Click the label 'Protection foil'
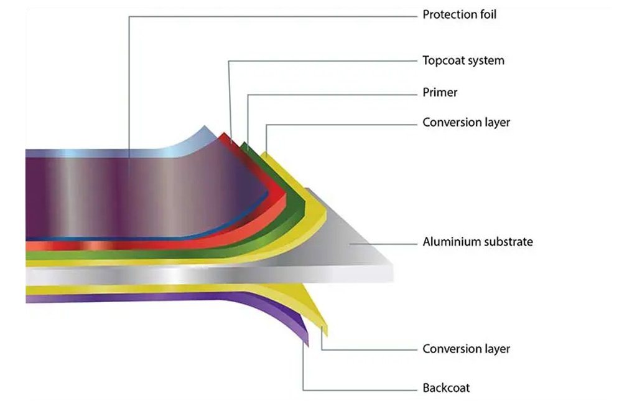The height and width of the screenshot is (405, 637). (459, 15)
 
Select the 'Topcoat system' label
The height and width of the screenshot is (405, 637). (463, 60)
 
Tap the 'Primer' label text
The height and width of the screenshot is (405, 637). (440, 92)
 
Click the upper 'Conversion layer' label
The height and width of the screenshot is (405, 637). (466, 123)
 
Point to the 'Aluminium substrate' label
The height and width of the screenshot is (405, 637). (477, 242)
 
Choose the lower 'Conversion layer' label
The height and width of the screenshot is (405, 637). (466, 349)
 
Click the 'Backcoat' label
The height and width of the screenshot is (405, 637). (446, 388)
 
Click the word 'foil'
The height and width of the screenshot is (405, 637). (488, 15)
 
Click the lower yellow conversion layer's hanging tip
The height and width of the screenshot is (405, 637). (325, 331)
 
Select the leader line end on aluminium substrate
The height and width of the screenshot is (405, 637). (350, 244)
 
